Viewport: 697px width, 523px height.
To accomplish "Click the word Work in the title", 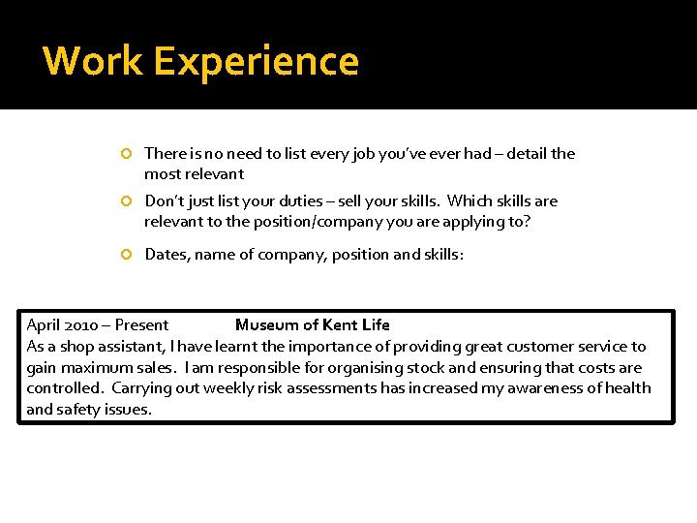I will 92,61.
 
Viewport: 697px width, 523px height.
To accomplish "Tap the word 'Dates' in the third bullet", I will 166,254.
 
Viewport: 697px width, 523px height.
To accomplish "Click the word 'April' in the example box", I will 45,325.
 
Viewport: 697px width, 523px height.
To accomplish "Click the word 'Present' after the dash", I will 141,325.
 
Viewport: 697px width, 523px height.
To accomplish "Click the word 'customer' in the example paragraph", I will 540,346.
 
